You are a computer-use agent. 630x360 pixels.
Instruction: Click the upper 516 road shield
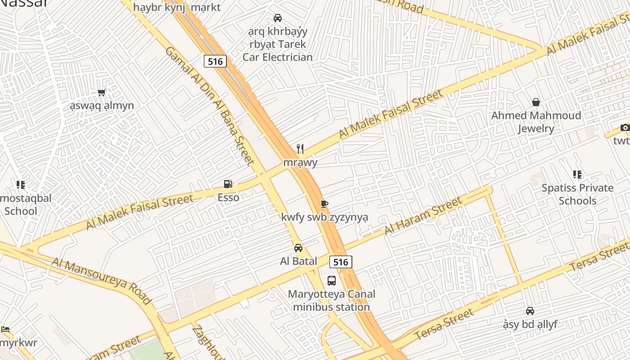click(x=215, y=61)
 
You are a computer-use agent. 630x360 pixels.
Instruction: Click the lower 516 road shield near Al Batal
click(x=341, y=262)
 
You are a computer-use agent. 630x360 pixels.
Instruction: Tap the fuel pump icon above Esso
click(x=228, y=184)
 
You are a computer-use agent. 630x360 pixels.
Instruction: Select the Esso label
click(x=228, y=197)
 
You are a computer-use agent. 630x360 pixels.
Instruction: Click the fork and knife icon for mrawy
click(x=300, y=149)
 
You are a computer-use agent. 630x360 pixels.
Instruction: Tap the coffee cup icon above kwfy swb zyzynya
click(x=324, y=204)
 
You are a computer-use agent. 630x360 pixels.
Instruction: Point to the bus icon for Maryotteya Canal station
click(x=332, y=281)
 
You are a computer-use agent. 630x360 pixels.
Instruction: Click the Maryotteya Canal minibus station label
click(x=331, y=301)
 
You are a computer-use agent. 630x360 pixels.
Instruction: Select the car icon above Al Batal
click(x=298, y=248)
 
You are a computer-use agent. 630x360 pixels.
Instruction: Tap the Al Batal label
click(x=298, y=261)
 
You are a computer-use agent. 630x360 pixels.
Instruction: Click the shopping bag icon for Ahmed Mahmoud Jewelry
click(x=535, y=102)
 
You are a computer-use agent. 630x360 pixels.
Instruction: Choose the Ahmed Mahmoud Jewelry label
click(x=535, y=122)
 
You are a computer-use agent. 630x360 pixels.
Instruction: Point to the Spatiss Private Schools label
click(x=577, y=194)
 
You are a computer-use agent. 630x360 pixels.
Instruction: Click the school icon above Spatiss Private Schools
click(x=577, y=175)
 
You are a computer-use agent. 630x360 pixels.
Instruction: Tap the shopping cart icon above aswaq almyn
click(x=102, y=92)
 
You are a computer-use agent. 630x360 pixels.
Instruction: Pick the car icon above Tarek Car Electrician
click(x=278, y=18)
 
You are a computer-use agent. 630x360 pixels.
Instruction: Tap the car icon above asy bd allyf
click(x=530, y=311)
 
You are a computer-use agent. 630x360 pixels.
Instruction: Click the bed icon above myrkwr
click(x=5, y=329)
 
